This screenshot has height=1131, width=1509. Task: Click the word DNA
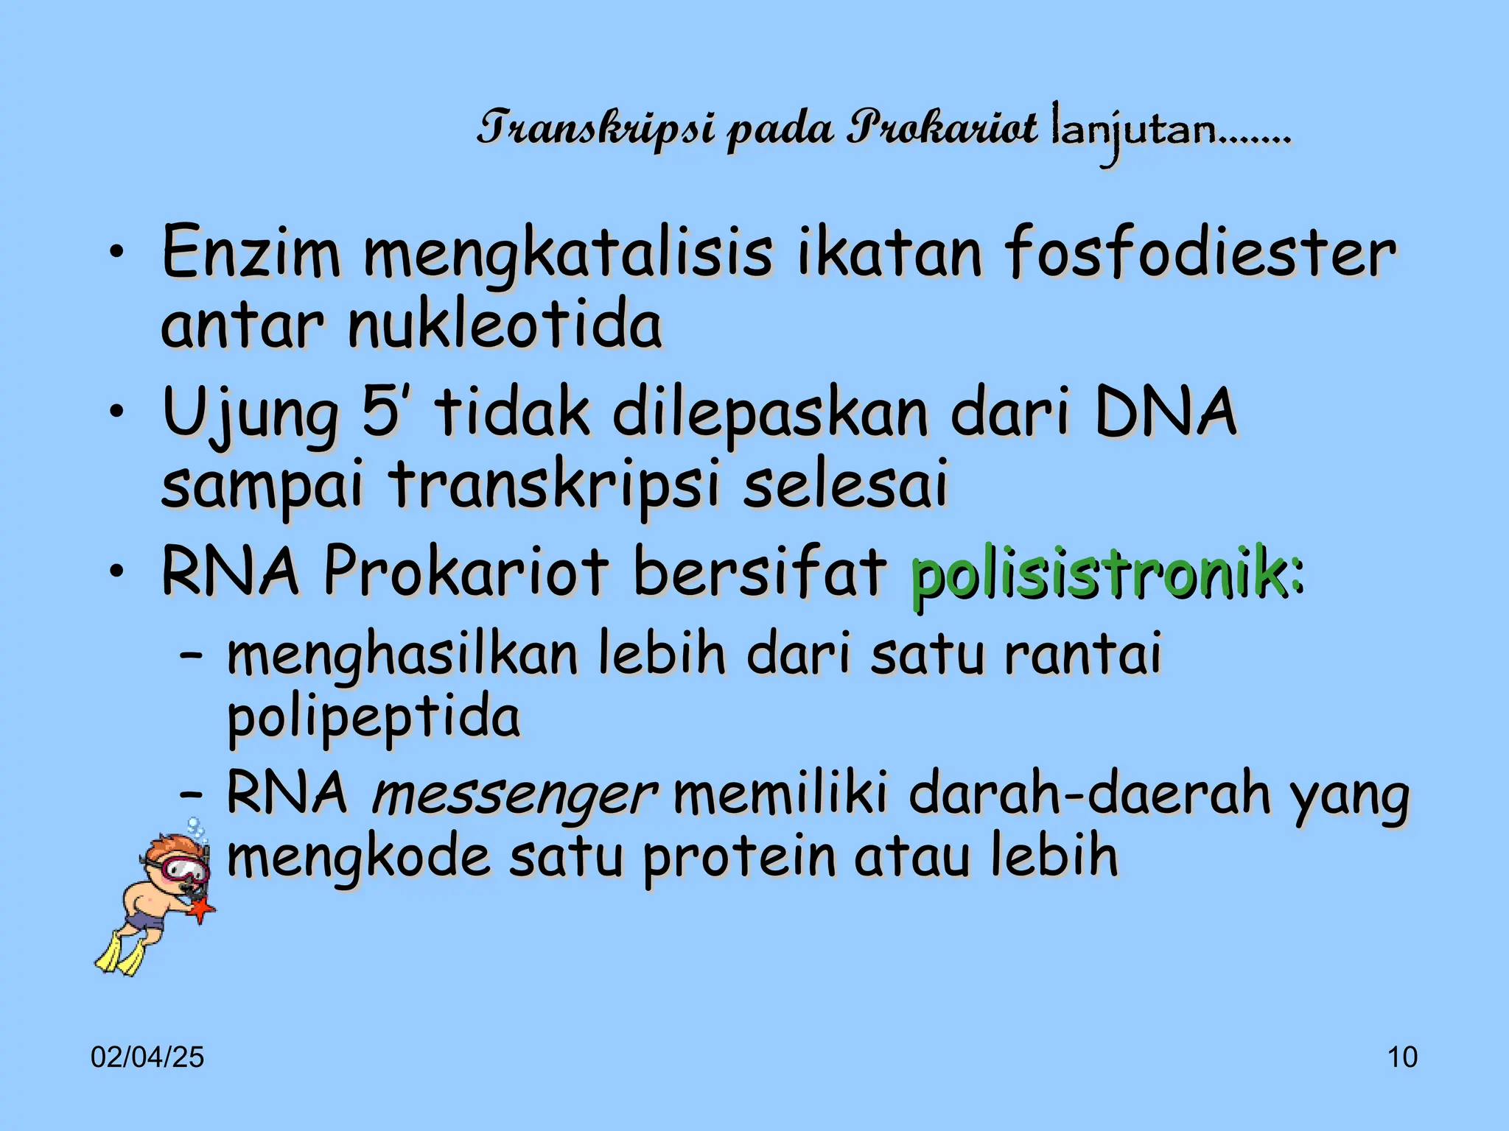coord(1165,412)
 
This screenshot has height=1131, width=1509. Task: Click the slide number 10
coord(1402,1057)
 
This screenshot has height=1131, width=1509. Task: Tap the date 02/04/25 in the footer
coord(147,1057)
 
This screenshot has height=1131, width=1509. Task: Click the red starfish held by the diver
coord(200,910)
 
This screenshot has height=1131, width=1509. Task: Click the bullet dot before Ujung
coord(116,412)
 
